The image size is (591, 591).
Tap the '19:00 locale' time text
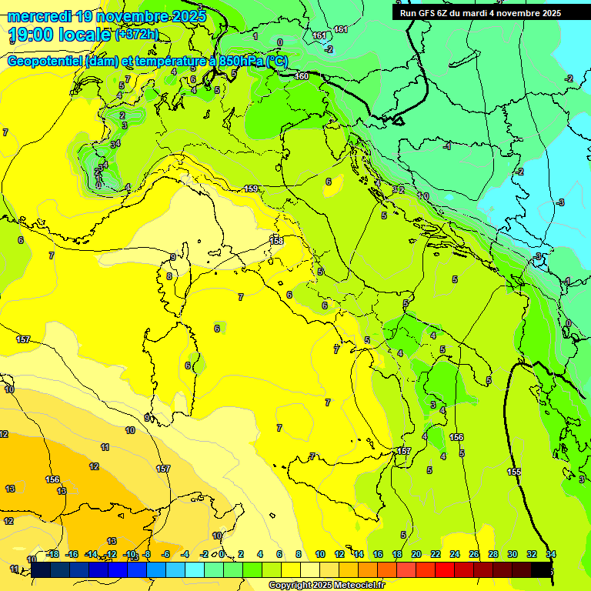pos(58,35)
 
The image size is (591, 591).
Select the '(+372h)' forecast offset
pos(138,34)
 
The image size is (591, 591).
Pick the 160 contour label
pos(302,75)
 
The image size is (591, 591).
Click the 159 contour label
pos(251,189)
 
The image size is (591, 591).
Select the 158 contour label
pos(276,241)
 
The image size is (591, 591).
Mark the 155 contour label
pos(514,471)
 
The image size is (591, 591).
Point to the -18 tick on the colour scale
pos(52,554)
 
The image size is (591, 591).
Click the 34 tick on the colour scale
pos(551,554)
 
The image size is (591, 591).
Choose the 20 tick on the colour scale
pos(416,554)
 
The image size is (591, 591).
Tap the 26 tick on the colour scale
pos(474,554)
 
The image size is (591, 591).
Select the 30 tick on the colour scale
pos(513,554)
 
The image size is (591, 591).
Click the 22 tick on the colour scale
pos(436,554)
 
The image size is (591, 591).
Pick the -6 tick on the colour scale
pos(165,554)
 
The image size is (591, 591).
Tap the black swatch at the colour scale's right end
pos(542,569)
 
